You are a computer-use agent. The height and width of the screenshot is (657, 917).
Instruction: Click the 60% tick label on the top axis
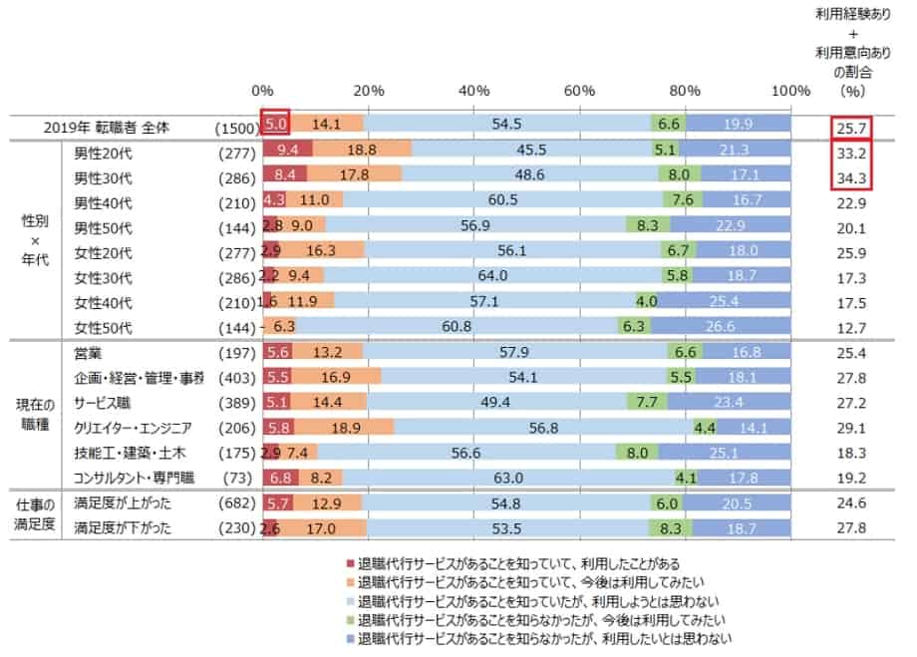click(580, 91)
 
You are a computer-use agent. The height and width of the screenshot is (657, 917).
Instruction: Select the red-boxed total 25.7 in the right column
click(852, 127)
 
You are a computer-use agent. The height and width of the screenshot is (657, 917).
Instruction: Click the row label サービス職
click(102, 403)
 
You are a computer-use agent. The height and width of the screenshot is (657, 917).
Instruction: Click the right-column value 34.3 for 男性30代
click(852, 176)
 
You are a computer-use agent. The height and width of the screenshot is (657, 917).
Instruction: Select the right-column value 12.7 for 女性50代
click(852, 327)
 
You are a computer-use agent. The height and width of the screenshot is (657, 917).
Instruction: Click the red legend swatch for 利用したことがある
click(349, 563)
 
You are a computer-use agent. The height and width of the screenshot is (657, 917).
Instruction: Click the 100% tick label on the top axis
click(790, 91)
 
